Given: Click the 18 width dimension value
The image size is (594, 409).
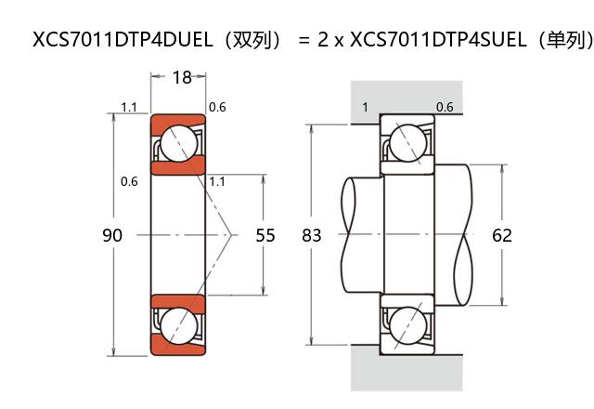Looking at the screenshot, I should (x=182, y=78).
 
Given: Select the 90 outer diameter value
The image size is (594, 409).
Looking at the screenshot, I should (x=112, y=235).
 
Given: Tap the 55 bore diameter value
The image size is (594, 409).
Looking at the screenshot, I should (x=265, y=235).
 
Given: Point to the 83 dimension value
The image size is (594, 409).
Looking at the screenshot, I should (x=312, y=235).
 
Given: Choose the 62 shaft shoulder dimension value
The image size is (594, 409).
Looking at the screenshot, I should (x=502, y=235).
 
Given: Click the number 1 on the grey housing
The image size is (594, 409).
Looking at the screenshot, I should (x=365, y=107).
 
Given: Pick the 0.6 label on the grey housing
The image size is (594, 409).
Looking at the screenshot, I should (x=445, y=107).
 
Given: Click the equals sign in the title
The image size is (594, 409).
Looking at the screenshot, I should (x=303, y=41).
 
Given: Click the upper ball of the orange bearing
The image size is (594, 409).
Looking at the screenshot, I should (x=178, y=144).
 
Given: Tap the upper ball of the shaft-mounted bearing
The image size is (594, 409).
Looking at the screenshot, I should (x=407, y=144).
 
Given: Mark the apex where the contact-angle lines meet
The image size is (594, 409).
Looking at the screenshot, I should (x=232, y=235).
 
